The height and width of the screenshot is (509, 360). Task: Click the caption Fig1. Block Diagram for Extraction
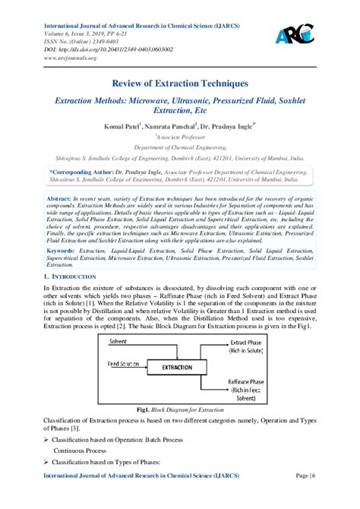(180, 407)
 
